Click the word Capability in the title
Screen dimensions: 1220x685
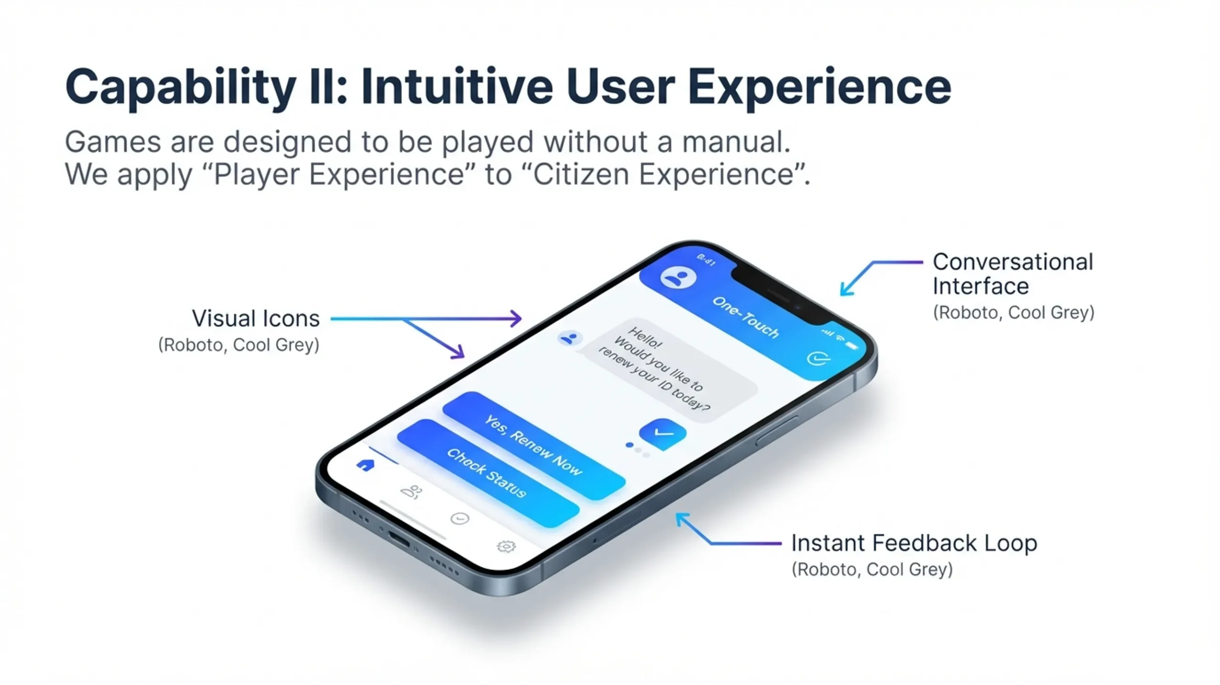[181, 87]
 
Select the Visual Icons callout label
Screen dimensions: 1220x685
[255, 318]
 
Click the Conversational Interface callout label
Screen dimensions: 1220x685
[1013, 274]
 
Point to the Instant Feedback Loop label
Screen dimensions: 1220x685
[914, 543]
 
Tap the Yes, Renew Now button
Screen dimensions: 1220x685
[534, 445]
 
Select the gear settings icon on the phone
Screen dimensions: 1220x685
[506, 546]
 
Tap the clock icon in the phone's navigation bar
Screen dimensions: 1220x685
[460, 519]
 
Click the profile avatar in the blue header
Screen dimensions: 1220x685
[678, 277]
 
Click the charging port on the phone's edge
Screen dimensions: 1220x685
[399, 539]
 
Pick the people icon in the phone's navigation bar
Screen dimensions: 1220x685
[411, 492]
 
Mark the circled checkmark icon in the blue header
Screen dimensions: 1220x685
[819, 358]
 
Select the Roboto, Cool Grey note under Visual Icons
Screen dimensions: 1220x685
[238, 344]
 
